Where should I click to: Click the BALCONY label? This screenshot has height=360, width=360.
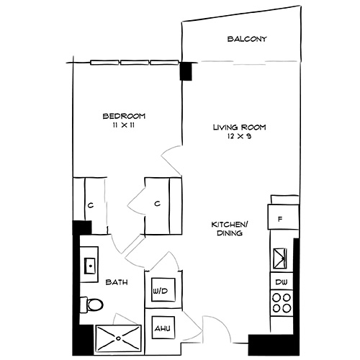[247, 39]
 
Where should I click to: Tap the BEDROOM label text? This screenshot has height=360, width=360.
[124, 115]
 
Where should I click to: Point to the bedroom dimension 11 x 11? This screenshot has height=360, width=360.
[124, 125]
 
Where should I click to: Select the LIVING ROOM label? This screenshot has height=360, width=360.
[239, 127]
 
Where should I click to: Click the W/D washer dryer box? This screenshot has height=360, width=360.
[159, 290]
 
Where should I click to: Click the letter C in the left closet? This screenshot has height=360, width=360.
[89, 205]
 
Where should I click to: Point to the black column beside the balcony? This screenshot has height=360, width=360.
[186, 71]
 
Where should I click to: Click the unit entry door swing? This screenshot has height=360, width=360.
[214, 328]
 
